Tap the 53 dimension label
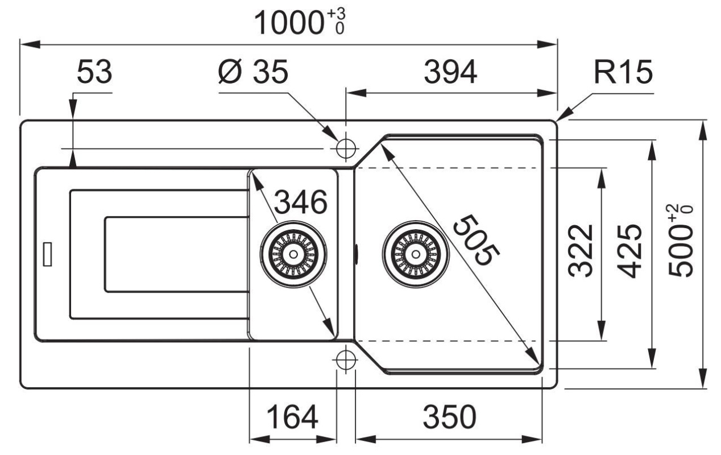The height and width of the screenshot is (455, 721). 94,72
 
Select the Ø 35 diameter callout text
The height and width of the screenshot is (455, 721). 252,72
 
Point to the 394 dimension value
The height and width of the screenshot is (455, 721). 450,72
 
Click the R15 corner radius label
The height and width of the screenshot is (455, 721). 623,72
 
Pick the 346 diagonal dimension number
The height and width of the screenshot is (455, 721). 301,202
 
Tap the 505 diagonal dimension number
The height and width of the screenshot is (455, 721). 476,241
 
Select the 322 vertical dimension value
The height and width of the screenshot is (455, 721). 581,251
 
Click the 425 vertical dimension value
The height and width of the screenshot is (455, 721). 629,251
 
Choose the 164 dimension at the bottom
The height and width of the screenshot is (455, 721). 292,417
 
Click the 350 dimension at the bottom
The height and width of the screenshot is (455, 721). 449,417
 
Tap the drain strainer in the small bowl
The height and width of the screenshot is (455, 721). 293,254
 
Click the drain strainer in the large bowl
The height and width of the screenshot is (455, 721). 416,254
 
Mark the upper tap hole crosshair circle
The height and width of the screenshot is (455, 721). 346,148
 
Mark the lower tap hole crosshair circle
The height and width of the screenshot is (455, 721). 346,359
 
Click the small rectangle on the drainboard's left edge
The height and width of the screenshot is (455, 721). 47,254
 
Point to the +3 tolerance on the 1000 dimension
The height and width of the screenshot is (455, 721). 336,14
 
